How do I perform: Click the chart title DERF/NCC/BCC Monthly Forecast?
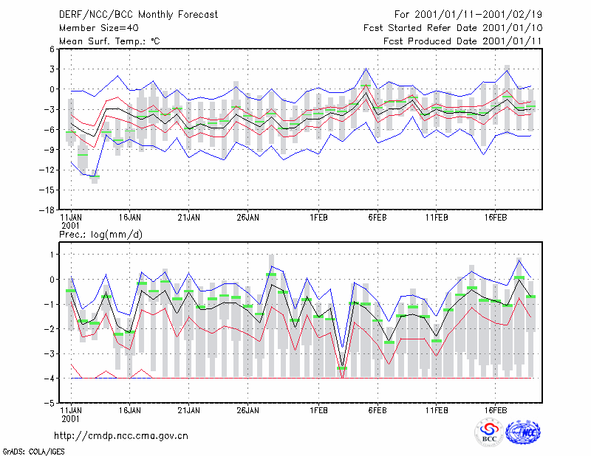click(x=138, y=15)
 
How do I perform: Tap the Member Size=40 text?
click(x=99, y=28)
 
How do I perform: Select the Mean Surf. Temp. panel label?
click(x=109, y=41)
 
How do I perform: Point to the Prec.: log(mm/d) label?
click(x=100, y=235)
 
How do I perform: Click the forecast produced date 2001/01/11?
click(x=512, y=41)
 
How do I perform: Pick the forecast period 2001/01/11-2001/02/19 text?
click(x=478, y=15)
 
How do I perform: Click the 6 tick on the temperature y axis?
click(x=52, y=49)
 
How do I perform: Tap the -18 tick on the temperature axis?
click(x=47, y=210)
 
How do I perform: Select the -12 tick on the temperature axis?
click(x=47, y=170)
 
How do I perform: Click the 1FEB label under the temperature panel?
click(x=318, y=218)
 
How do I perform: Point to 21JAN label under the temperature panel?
click(x=189, y=218)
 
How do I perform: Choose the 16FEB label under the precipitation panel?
click(x=495, y=410)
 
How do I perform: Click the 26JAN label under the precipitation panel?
click(x=247, y=410)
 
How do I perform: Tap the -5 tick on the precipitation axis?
click(x=49, y=403)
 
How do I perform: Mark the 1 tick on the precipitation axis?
click(x=52, y=255)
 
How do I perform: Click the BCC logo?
click(x=489, y=433)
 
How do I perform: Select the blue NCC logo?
click(x=523, y=432)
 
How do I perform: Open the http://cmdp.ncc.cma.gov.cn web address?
click(x=121, y=436)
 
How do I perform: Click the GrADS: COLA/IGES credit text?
click(x=34, y=452)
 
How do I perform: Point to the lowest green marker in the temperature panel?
click(x=95, y=176)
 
